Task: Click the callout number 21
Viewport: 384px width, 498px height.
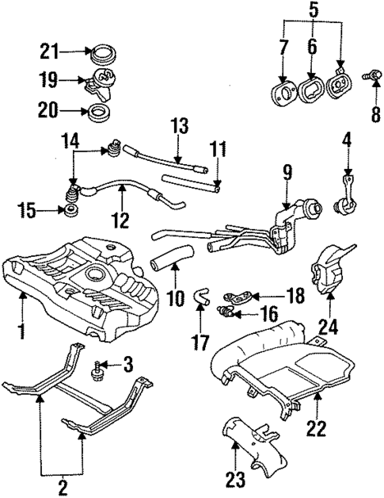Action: pyautogui.click(x=50, y=52)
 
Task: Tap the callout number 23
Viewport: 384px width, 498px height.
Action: pyautogui.click(x=236, y=481)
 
